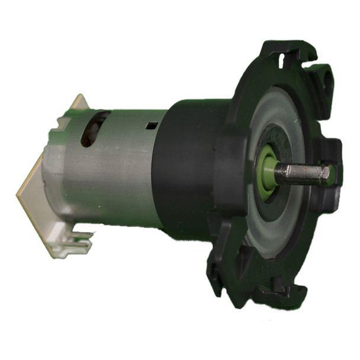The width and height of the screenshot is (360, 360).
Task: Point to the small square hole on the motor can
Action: point(152,126)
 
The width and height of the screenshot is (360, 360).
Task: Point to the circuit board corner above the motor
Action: point(79,101)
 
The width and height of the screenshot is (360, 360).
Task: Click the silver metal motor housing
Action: point(112,172)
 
